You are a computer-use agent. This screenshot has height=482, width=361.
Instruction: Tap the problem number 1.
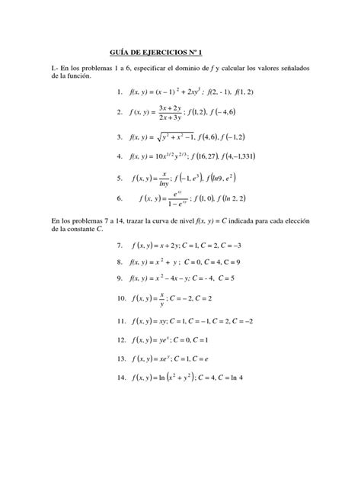120,92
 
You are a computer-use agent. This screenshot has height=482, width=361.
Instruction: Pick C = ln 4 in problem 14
250,377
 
